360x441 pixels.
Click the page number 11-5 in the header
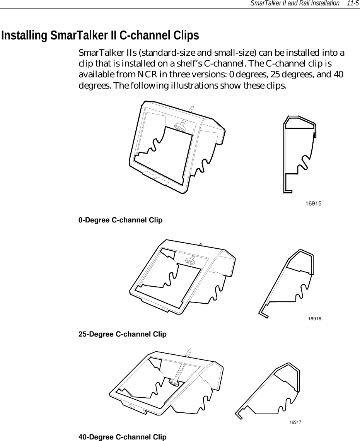click(x=352, y=3)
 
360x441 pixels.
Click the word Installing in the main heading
click(x=25, y=36)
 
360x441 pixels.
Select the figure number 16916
click(x=315, y=318)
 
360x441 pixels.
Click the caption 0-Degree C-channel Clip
click(x=120, y=220)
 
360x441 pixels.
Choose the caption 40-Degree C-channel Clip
click(x=122, y=437)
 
